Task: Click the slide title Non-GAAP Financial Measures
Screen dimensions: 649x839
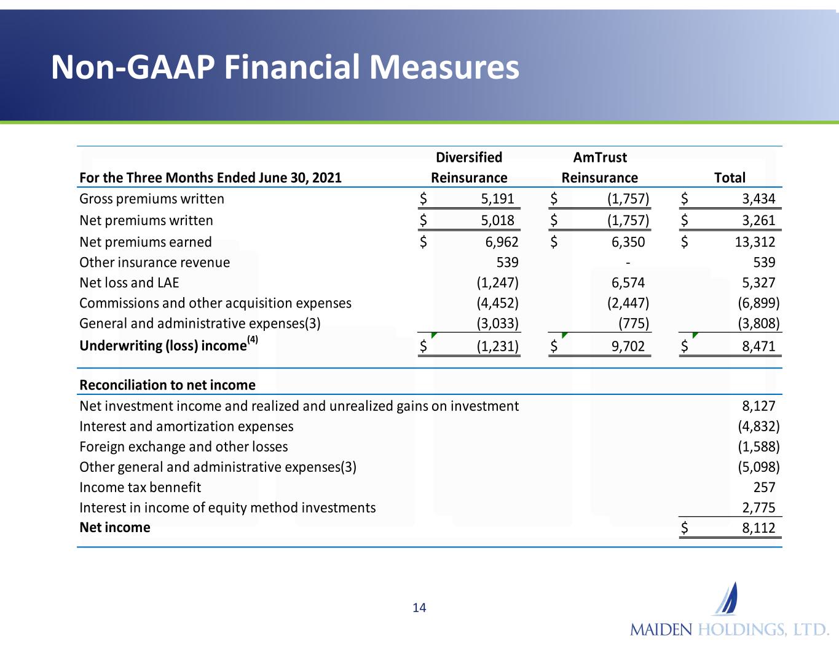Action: click(x=285, y=67)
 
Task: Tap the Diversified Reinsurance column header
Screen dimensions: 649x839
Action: click(x=469, y=167)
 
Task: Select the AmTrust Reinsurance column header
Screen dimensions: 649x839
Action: click(x=599, y=167)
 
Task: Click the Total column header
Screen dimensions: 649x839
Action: click(x=729, y=178)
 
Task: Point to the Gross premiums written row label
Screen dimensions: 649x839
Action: click(x=152, y=199)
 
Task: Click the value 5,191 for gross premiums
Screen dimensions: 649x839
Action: click(x=497, y=199)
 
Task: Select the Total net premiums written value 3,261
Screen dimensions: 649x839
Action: click(x=758, y=220)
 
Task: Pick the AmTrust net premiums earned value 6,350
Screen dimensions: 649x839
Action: click(x=628, y=242)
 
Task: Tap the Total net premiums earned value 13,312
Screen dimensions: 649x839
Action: click(x=755, y=242)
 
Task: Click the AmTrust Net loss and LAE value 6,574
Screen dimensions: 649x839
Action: click(x=628, y=282)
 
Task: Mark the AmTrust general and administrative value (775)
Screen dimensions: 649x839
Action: click(x=634, y=323)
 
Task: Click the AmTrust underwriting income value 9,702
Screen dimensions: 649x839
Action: click(x=628, y=346)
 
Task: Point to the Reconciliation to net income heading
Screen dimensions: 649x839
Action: click(x=167, y=385)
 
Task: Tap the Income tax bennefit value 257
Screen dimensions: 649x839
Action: click(x=764, y=487)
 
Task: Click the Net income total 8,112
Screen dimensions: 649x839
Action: click(x=758, y=528)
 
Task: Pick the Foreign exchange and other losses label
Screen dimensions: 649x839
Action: click(x=183, y=447)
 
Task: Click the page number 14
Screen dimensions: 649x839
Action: click(x=419, y=608)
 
